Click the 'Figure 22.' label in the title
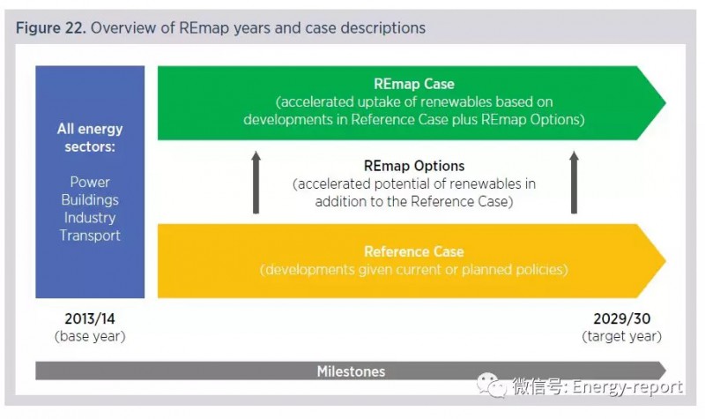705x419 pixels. pyautogui.click(x=50, y=28)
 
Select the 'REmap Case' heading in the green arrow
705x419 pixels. pyautogui.click(x=413, y=84)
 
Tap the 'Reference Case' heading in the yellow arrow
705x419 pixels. pyautogui.click(x=413, y=251)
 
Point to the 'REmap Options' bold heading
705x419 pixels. pyautogui.click(x=413, y=166)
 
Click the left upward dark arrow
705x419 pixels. pyautogui.click(x=256, y=183)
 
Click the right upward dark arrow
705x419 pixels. pyautogui.click(x=574, y=183)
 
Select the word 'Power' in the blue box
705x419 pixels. pyautogui.click(x=90, y=183)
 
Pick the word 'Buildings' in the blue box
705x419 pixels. pyautogui.click(x=90, y=200)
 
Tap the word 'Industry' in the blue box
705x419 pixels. pyautogui.click(x=90, y=218)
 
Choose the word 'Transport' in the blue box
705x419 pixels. pyautogui.click(x=90, y=236)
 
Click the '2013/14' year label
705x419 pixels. pyautogui.click(x=90, y=318)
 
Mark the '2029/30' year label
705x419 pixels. pyautogui.click(x=622, y=318)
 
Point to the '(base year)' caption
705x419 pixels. pyautogui.click(x=90, y=337)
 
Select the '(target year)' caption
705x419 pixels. pyautogui.click(x=622, y=337)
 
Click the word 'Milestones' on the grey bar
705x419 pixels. pyautogui.click(x=351, y=371)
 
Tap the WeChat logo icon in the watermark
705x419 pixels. pyautogui.click(x=492, y=385)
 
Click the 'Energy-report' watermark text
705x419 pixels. pyautogui.click(x=627, y=387)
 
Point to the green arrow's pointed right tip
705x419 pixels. pyautogui.click(x=665, y=103)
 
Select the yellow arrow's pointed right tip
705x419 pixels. pyautogui.click(x=665, y=260)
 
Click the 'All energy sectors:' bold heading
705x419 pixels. pyautogui.click(x=90, y=138)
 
